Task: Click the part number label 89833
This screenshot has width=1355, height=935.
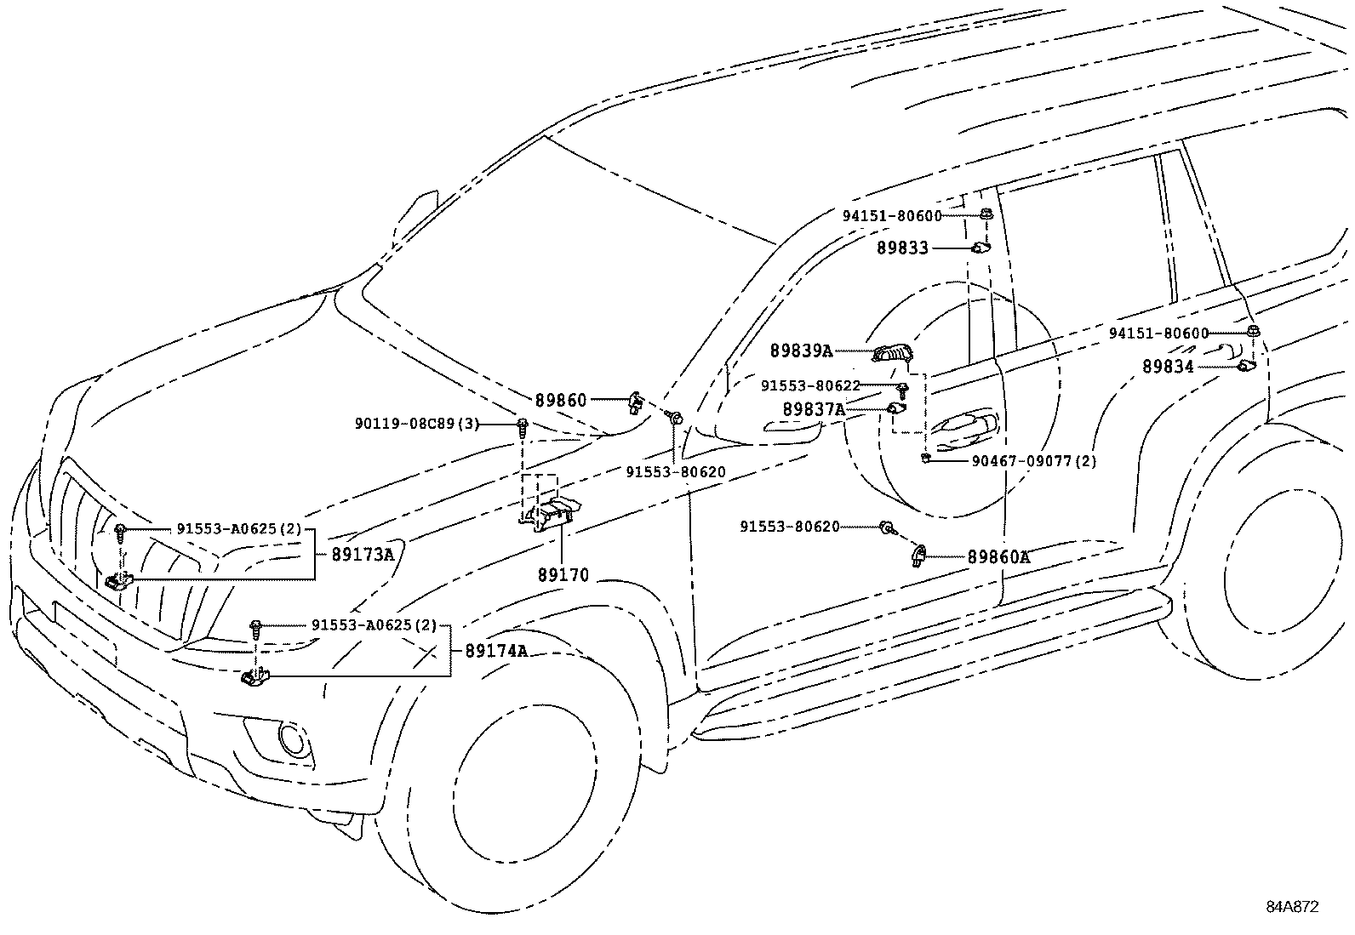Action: click(x=902, y=248)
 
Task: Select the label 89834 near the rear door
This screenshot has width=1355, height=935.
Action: click(x=1168, y=367)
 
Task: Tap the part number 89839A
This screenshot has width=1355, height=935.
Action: click(x=801, y=351)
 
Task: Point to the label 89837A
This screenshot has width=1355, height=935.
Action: click(x=814, y=410)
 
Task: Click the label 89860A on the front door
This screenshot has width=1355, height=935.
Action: click(x=998, y=557)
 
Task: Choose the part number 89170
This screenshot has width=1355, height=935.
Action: click(x=563, y=575)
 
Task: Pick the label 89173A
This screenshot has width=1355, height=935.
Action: click(x=363, y=555)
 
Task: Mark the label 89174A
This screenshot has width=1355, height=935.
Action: click(x=496, y=651)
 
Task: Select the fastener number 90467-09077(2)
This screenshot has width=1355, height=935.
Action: click(x=1034, y=461)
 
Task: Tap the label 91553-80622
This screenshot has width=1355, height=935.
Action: click(x=810, y=386)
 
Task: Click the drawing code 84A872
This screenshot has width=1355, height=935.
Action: click(x=1291, y=907)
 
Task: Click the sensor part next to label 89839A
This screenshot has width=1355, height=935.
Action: click(x=893, y=351)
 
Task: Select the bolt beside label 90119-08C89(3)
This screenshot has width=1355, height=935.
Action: click(x=523, y=424)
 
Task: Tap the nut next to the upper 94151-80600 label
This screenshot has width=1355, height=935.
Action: click(x=986, y=214)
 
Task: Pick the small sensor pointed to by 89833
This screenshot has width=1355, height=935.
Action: click(x=981, y=248)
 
